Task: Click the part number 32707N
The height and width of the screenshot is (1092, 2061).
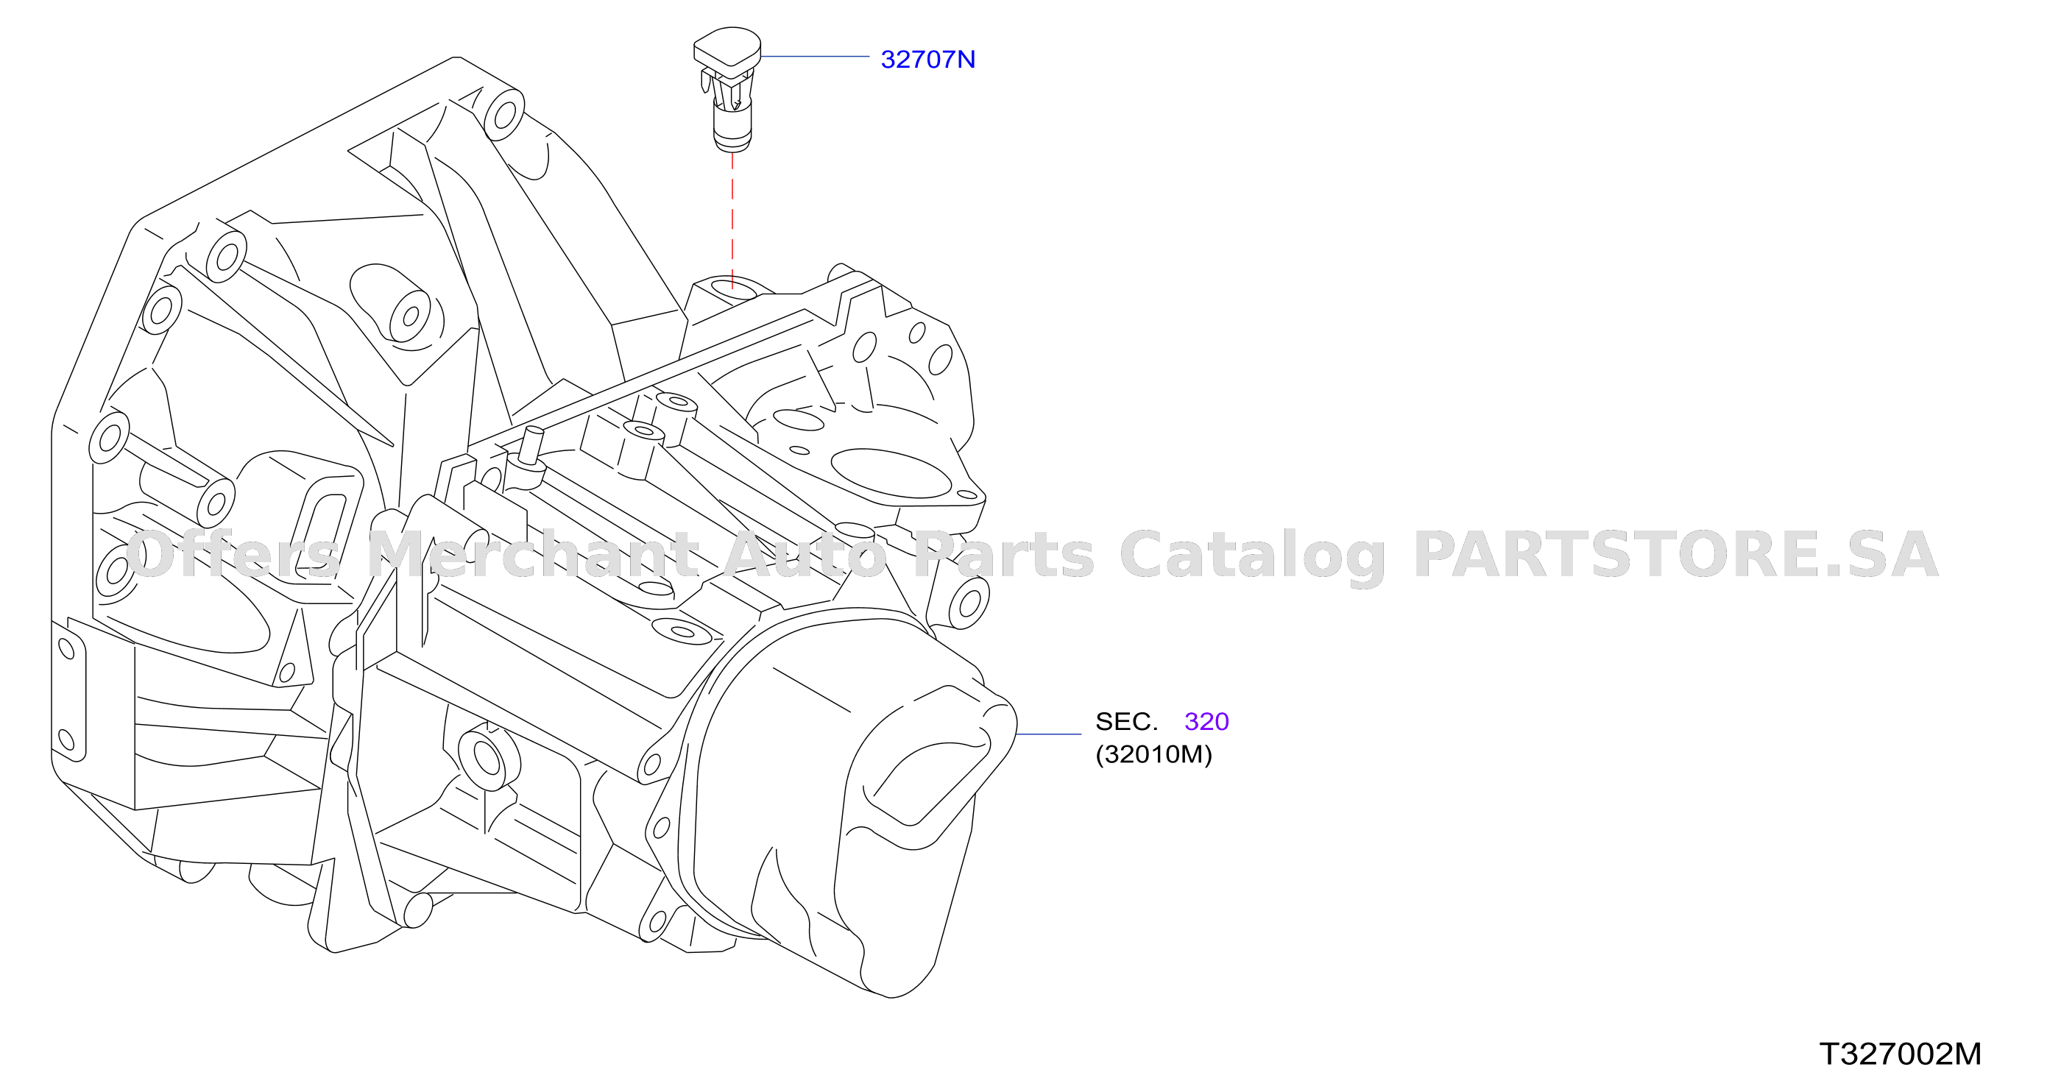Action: tap(927, 59)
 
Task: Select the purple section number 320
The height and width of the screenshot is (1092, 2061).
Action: tap(1206, 722)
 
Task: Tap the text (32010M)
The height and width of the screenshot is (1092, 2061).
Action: tap(1153, 754)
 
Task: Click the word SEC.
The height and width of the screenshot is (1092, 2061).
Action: tap(1125, 722)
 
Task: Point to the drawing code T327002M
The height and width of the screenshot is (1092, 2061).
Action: tap(1901, 1054)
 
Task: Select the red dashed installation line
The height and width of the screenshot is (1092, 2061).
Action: tap(732, 220)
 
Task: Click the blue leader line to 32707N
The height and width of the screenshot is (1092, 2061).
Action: tap(815, 57)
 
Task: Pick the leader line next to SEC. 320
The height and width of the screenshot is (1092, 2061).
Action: tap(1048, 734)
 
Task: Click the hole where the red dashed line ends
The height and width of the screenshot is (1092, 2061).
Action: tap(732, 286)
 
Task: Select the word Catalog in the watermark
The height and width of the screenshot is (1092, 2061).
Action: tap(1252, 557)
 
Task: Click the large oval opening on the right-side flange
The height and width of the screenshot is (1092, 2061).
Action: tap(891, 473)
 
